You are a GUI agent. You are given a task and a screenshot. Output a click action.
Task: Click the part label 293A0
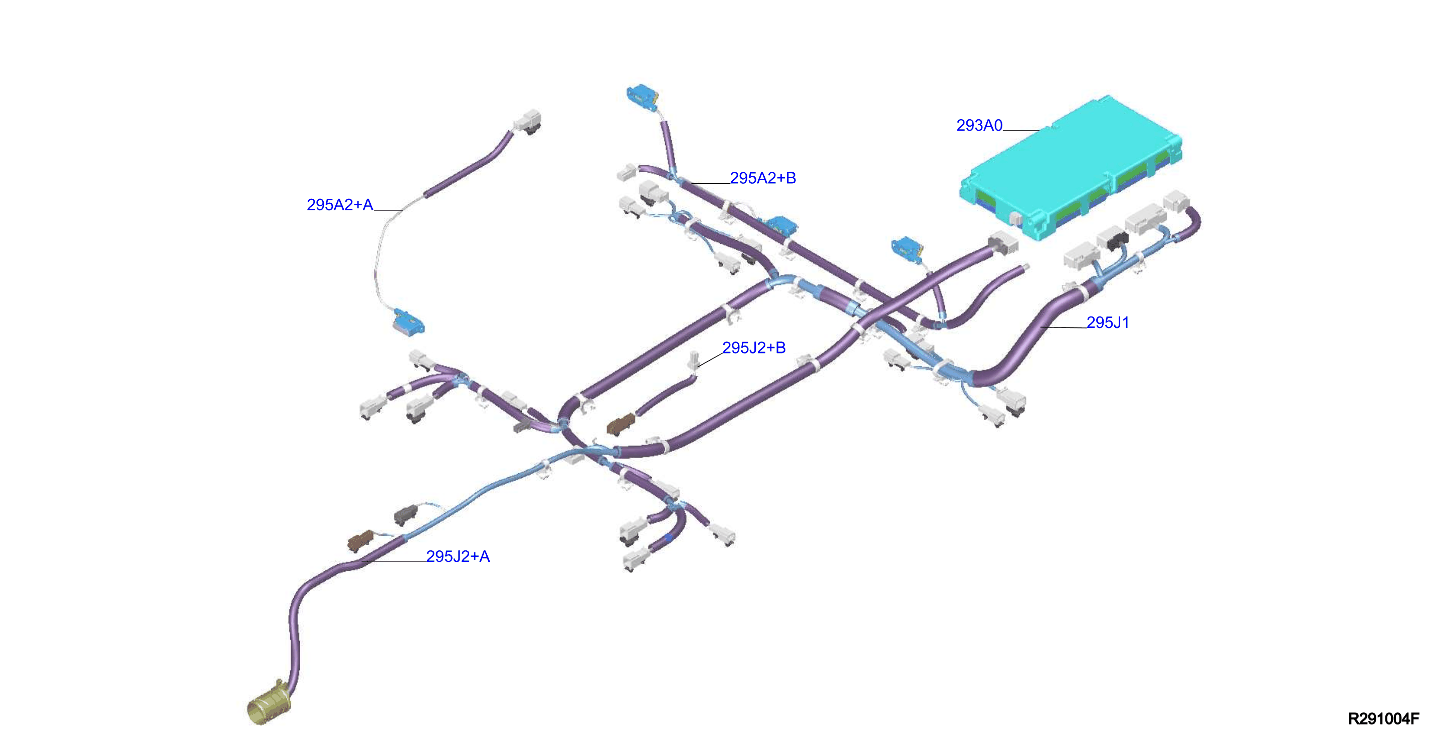[x=979, y=126]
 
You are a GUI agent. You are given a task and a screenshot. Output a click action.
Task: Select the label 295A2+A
[x=340, y=205]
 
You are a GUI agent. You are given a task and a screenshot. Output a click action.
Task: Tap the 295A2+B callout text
[x=763, y=178]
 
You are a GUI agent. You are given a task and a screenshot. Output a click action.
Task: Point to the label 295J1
[x=1107, y=323]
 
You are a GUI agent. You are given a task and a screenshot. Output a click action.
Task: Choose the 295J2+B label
[x=754, y=348]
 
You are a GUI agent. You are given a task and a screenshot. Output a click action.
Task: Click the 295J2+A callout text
[x=458, y=557]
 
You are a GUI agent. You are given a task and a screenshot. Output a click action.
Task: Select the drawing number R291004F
[x=1383, y=719]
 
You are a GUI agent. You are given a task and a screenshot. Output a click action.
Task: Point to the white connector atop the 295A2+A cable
[x=527, y=121]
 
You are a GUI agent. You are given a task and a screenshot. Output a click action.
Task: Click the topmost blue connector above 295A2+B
[x=642, y=97]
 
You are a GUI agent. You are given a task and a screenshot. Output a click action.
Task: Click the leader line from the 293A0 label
[x=1020, y=131]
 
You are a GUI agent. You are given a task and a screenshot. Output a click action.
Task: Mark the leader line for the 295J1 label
[x=1063, y=327]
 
